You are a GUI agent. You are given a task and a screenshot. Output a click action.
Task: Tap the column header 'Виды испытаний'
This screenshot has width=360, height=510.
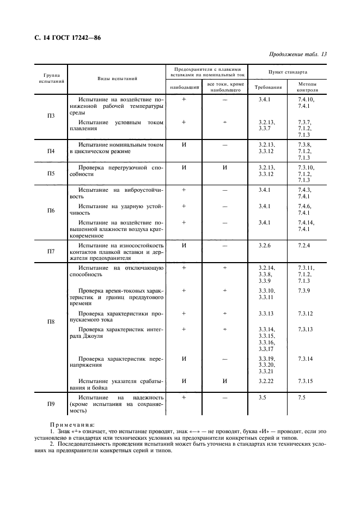click(x=117, y=78)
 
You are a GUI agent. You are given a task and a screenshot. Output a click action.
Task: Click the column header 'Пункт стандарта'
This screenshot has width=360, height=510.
click(x=288, y=71)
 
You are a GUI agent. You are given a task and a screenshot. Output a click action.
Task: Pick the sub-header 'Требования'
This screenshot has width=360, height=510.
click(x=269, y=87)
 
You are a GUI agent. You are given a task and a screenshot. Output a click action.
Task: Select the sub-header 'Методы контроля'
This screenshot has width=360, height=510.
click(x=308, y=87)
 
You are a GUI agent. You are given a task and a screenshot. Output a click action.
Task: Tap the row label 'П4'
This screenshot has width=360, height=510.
click(x=51, y=151)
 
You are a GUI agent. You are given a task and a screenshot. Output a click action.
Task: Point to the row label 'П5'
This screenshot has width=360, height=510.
click(x=51, y=173)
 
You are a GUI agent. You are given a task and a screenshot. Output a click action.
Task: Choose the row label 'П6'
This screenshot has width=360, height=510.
click(x=51, y=210)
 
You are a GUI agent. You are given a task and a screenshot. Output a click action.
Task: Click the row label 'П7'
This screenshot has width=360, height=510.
click(x=51, y=251)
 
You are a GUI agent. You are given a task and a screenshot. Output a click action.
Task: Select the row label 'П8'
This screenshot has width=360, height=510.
click(x=51, y=321)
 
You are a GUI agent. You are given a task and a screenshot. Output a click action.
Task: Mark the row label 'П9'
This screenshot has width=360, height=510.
click(x=51, y=404)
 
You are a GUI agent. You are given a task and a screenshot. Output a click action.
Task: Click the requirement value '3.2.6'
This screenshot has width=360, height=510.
click(x=265, y=245)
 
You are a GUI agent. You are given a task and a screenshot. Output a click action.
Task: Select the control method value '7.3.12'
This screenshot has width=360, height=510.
click(x=306, y=313)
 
